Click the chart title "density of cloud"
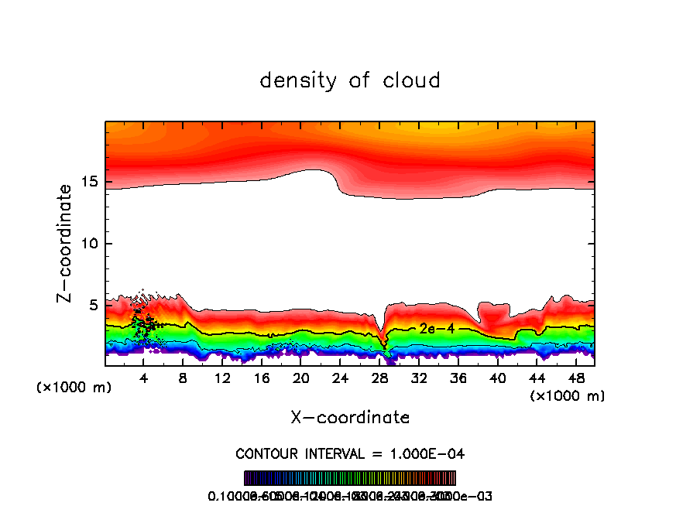point(350,80)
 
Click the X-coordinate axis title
point(350,418)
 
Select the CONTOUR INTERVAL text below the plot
point(350,453)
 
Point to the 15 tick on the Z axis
point(91,183)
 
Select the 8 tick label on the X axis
point(184,378)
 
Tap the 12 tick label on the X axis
point(223,378)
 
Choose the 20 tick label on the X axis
point(301,378)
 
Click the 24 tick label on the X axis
point(341,378)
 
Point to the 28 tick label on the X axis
point(380,378)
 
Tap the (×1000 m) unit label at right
point(568,396)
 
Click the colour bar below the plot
point(350,478)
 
